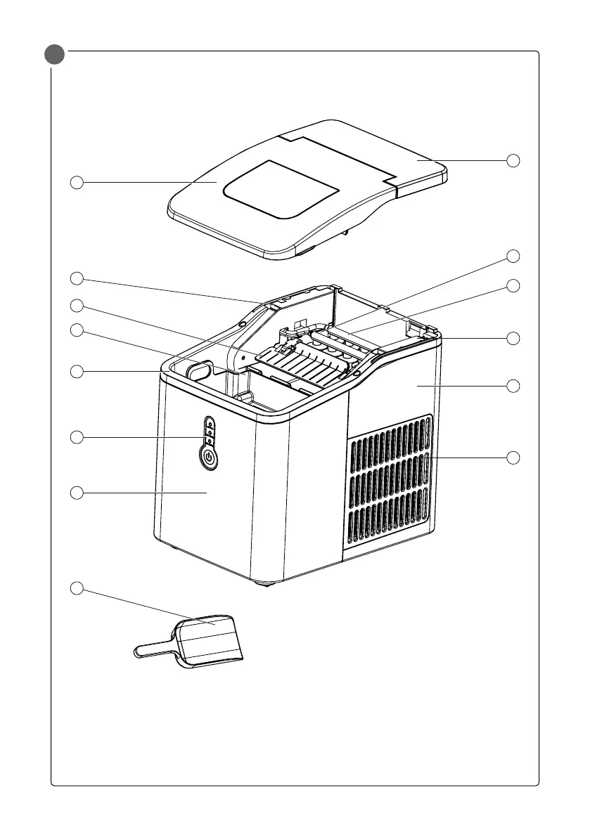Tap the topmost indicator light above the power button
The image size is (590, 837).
click(x=210, y=425)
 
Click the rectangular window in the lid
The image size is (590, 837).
click(x=281, y=191)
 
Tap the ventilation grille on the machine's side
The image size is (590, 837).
click(x=390, y=481)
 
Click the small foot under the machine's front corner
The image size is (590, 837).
click(x=265, y=583)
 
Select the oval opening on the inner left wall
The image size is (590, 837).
click(x=200, y=370)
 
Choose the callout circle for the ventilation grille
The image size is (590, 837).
click(x=513, y=458)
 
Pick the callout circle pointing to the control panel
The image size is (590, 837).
click(x=78, y=437)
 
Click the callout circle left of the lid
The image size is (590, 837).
click(x=78, y=183)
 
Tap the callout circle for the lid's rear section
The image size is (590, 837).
click(x=513, y=160)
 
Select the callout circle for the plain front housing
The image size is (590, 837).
click(x=78, y=493)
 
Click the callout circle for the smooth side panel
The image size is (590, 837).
click(x=513, y=386)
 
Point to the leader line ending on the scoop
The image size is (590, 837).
click(x=148, y=605)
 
